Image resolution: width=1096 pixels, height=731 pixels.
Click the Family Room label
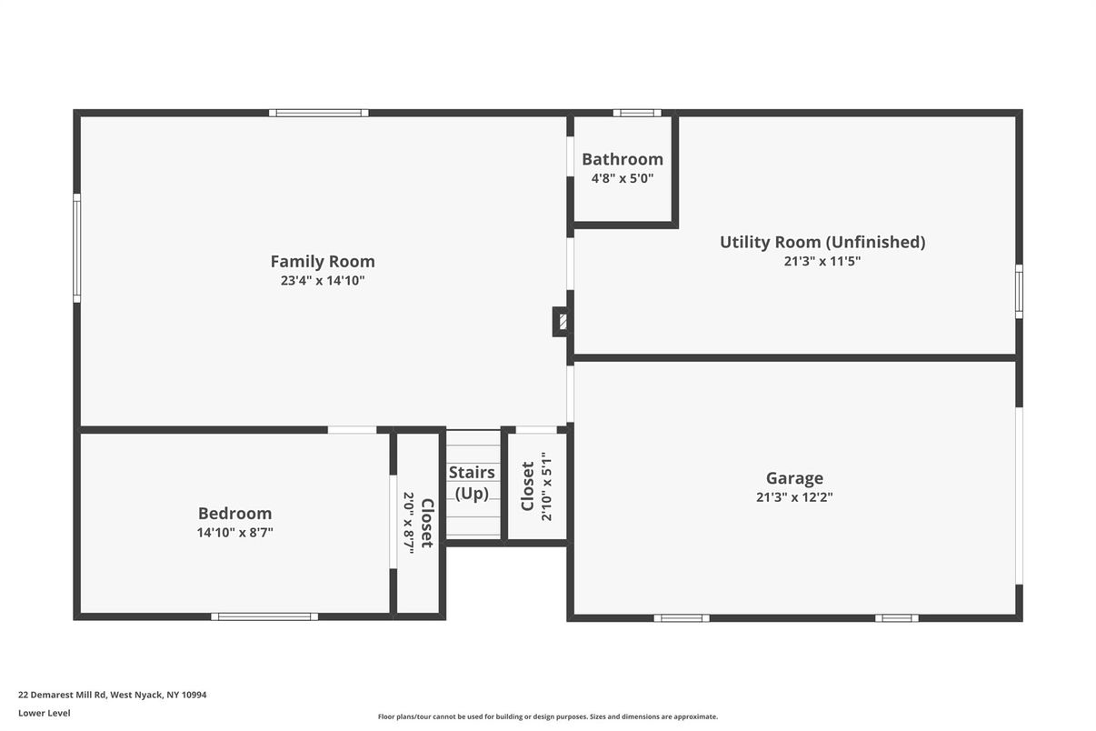[x=323, y=262]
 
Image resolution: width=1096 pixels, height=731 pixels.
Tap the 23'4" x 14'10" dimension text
[x=323, y=281]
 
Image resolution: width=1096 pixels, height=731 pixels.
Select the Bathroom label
[x=623, y=159]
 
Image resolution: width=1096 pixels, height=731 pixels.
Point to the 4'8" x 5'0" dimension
[x=623, y=178]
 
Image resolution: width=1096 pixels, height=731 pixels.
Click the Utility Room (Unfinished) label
[x=822, y=242]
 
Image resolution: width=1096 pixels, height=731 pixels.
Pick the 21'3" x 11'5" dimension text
[x=822, y=261]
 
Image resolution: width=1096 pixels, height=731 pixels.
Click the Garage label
[x=794, y=478]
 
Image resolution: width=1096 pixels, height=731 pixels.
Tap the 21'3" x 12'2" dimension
[x=794, y=497]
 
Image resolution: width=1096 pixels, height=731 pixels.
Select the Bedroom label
[x=234, y=513]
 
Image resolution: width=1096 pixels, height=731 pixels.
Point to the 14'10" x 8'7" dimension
[x=234, y=532]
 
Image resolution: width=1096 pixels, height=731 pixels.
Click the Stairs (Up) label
[x=472, y=483]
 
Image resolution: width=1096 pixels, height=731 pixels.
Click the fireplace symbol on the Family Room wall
[x=562, y=322]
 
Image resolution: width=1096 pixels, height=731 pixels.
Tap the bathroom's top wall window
[x=637, y=113]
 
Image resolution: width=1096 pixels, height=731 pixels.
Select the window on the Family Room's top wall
[x=318, y=113]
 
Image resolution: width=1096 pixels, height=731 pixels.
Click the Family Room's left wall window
[x=77, y=248]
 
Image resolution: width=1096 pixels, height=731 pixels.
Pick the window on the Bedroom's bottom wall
[x=264, y=617]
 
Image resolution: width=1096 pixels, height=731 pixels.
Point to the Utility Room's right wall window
[x=1019, y=292]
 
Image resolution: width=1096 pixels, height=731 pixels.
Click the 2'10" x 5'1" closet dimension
[x=546, y=486]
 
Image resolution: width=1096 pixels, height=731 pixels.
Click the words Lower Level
[x=45, y=714]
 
